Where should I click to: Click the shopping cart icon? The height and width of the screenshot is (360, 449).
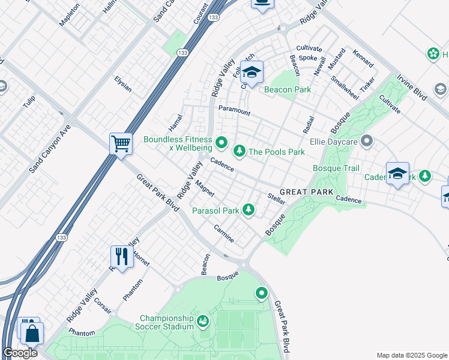pos(121,144)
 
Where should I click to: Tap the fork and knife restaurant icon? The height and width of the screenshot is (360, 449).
pos(122,257)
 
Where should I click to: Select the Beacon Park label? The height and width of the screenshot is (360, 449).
pos(288,89)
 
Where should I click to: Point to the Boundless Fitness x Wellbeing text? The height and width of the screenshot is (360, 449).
pos(178,143)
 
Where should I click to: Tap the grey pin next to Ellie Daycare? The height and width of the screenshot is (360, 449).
pos(367,142)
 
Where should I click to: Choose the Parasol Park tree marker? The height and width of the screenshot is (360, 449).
pos(248,210)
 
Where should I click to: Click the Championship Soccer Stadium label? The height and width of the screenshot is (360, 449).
pos(167,322)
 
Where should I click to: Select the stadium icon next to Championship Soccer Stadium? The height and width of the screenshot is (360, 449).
pos(203,322)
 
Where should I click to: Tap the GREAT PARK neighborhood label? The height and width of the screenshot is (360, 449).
pos(306,192)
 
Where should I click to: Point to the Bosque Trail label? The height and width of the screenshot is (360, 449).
pos(336,169)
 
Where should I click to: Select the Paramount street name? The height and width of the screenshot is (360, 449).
pos(234,111)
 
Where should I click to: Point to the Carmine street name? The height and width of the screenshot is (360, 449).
pos(224,233)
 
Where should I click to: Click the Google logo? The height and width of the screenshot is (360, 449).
pos(20,353)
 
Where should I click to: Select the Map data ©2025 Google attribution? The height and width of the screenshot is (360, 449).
pos(412,355)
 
